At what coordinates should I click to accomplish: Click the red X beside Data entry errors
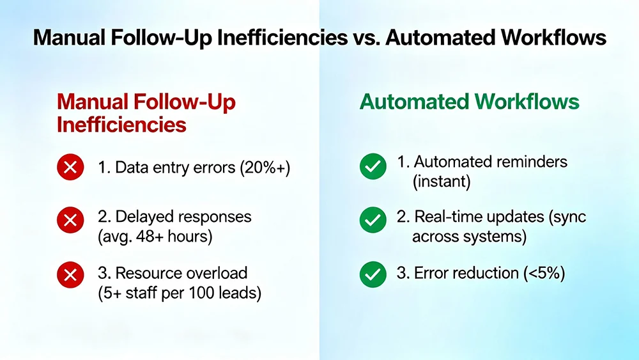pyautogui.click(x=70, y=168)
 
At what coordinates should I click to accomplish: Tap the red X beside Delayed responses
pyautogui.click(x=70, y=221)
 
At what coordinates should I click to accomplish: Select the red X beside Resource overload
pyautogui.click(x=70, y=276)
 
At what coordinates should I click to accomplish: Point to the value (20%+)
pyautogui.click(x=264, y=169)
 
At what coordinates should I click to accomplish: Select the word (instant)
pyautogui.click(x=442, y=182)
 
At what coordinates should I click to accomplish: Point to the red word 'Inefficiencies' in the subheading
pyautogui.click(x=121, y=124)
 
